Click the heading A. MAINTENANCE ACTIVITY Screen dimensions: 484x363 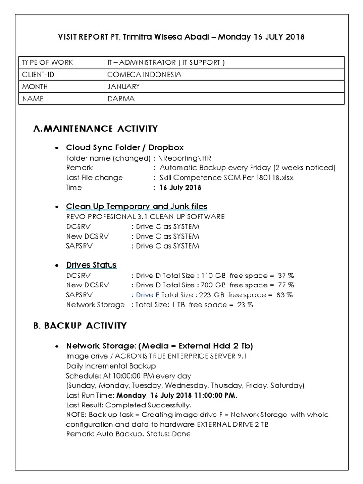(95, 129)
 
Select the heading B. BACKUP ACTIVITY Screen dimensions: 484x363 (80, 325)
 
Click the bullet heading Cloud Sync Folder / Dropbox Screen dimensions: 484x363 (125, 147)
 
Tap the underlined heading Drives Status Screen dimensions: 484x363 (91, 265)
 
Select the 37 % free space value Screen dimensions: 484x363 (285, 275)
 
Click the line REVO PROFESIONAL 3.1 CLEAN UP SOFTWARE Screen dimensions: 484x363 (145, 216)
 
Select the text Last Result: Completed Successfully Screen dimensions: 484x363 (129, 405)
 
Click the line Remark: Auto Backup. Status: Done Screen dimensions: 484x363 (128, 433)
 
